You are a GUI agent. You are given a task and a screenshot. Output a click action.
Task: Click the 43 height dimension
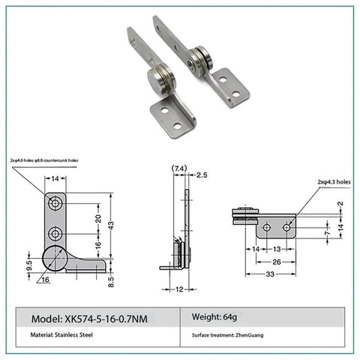click(x=110, y=225)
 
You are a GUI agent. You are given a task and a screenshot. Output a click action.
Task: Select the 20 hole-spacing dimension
click(x=97, y=218)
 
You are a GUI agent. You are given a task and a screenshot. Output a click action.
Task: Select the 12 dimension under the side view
click(x=181, y=289)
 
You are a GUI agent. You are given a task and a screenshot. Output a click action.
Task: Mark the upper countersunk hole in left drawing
click(x=55, y=204)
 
